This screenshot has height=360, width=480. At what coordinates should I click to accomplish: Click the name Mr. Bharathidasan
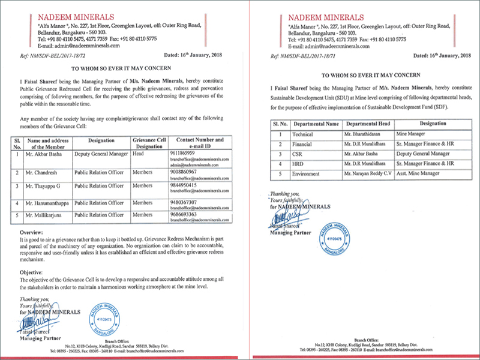click(x=364, y=134)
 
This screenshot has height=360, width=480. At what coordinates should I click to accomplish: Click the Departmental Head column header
click(x=367, y=124)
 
